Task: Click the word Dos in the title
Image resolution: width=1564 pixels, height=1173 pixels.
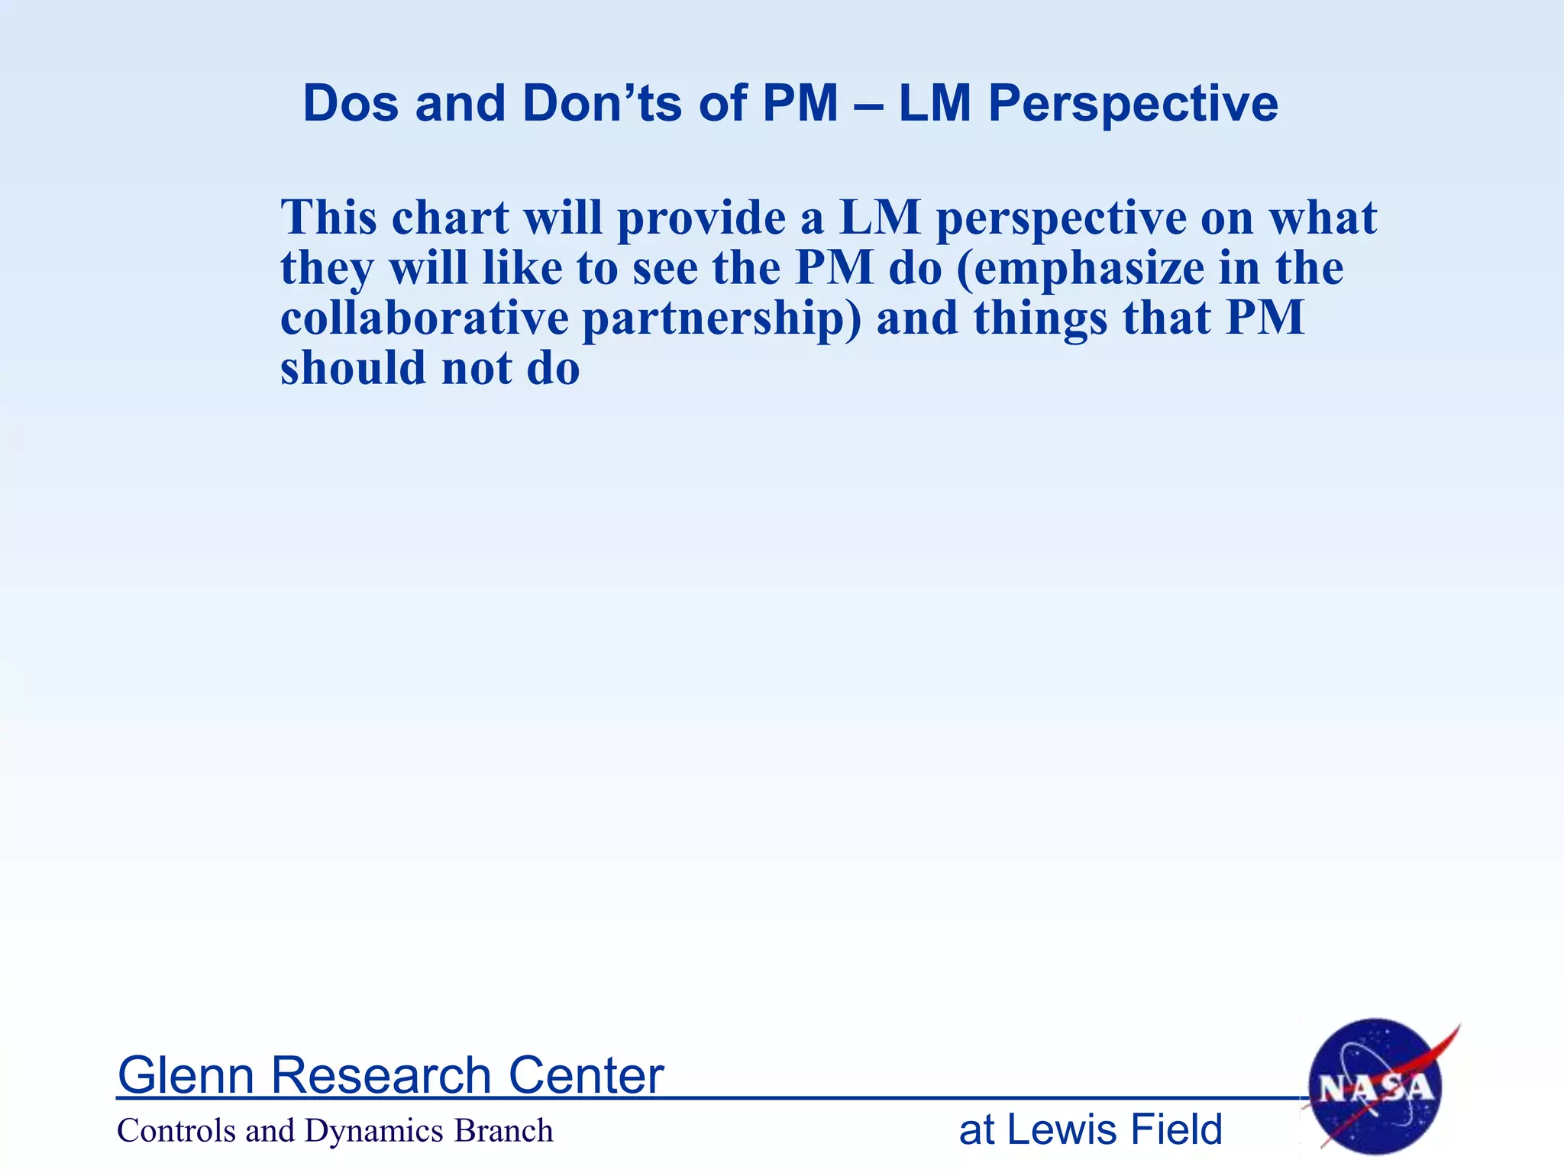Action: pyautogui.click(x=351, y=103)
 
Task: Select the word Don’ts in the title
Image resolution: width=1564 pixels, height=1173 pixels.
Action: pyautogui.click(x=603, y=103)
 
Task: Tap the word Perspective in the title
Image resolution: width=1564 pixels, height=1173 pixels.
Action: pyautogui.click(x=1133, y=105)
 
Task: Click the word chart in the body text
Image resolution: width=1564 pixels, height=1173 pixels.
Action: pyautogui.click(x=450, y=218)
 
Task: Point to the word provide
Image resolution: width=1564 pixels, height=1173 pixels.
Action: pyautogui.click(x=701, y=219)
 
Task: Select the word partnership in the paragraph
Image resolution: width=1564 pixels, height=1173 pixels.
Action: pyautogui.click(x=722, y=319)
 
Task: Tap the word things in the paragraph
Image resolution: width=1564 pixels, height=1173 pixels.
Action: pyautogui.click(x=1040, y=319)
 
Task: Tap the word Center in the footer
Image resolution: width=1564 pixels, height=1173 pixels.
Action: pyautogui.click(x=586, y=1075)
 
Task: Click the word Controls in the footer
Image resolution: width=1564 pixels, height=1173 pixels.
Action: pyautogui.click(x=176, y=1130)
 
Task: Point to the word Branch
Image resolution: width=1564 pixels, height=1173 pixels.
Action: pyautogui.click(x=503, y=1130)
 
